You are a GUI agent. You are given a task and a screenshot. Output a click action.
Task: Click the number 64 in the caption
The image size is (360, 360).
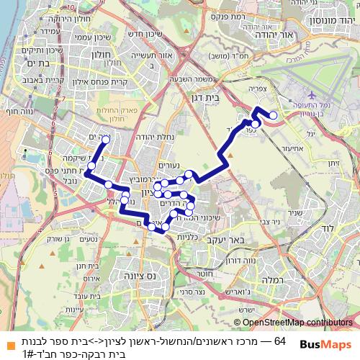(280, 338)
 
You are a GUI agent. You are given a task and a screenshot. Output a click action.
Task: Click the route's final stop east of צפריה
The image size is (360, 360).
(273, 115)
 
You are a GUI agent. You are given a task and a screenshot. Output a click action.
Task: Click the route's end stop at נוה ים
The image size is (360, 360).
(106, 140)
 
